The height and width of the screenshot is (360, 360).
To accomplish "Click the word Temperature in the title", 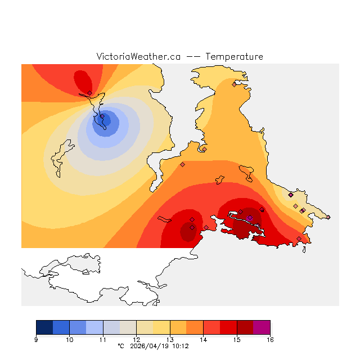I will [x=235, y=57].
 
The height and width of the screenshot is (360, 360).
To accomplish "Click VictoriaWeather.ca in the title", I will [x=138, y=57].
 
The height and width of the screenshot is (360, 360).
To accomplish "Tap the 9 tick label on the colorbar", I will [x=36, y=339].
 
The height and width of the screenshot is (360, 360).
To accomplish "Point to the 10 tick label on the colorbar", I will [x=69, y=339].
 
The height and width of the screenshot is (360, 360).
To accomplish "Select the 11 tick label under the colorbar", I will [x=103, y=339].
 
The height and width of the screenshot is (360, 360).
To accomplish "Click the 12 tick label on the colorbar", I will [x=136, y=339].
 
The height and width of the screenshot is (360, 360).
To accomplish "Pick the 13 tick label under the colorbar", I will [x=170, y=339].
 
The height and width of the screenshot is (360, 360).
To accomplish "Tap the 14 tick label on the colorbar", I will [x=203, y=339].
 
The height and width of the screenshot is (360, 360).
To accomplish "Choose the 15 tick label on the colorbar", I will [x=237, y=339].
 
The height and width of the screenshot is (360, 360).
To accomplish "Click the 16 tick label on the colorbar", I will [x=270, y=339].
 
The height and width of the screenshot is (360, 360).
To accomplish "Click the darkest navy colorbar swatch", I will [x=44, y=327].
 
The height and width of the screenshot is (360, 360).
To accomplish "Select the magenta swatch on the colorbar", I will [x=262, y=327].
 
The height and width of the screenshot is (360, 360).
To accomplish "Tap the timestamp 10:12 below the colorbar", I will [x=180, y=346].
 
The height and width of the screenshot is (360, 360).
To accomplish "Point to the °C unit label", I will [x=120, y=346].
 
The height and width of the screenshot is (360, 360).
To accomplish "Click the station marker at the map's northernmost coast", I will [x=234, y=84].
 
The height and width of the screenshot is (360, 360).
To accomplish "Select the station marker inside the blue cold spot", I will [x=102, y=117].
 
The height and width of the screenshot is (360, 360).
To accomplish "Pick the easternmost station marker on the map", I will [x=328, y=217].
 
